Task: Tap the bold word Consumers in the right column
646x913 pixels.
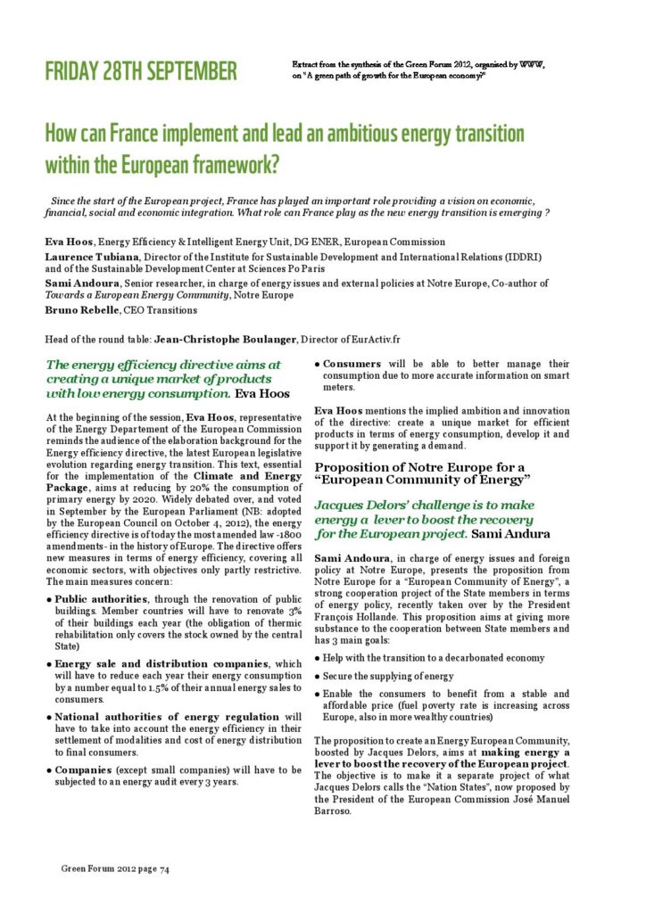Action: pos(352,364)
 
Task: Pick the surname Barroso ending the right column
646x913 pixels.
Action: pos(338,811)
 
